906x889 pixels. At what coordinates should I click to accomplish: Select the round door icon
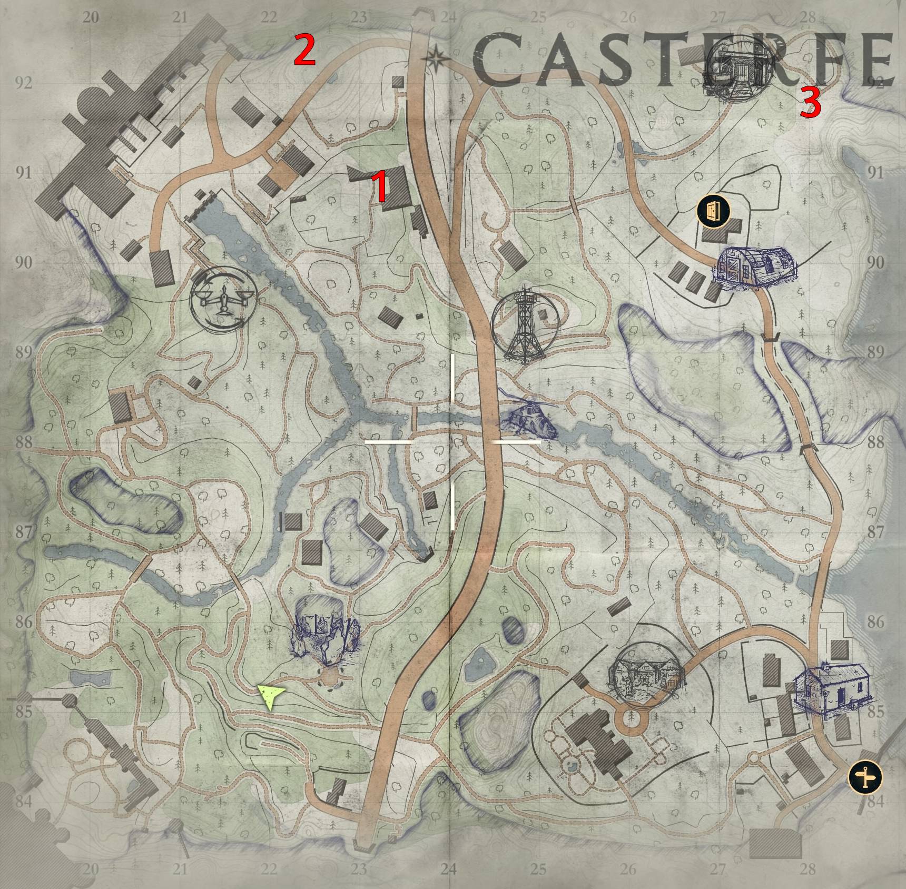714,211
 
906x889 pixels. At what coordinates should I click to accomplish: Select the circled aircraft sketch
224,300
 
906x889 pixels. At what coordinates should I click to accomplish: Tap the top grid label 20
91,17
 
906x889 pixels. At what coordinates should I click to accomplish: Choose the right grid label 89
876,352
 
